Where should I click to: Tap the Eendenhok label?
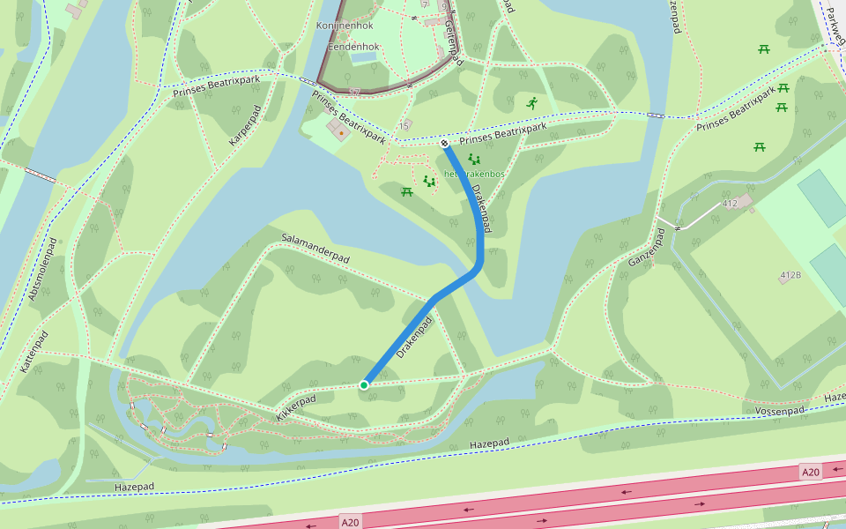[x=352, y=46]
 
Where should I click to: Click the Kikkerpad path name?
[x=295, y=406]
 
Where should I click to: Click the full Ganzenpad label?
[x=645, y=249]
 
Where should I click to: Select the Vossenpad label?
[x=780, y=411]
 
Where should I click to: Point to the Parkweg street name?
[x=833, y=26]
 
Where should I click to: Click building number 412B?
[x=790, y=276]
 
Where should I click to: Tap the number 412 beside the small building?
[x=730, y=204]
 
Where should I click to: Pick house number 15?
[x=404, y=126]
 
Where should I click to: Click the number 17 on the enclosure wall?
[x=354, y=92]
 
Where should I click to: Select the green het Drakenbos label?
[x=475, y=174]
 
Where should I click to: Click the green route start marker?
[x=364, y=384]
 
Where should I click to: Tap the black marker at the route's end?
[x=445, y=143]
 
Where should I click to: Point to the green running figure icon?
[x=531, y=104]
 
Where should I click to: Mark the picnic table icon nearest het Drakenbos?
[x=406, y=191]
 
